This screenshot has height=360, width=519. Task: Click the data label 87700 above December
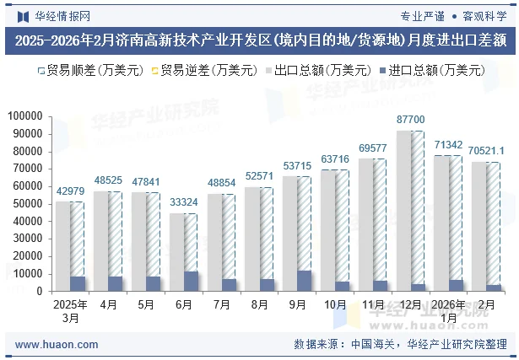[411, 120]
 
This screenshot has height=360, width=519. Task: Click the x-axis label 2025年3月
[71, 310]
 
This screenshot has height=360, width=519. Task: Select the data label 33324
[184, 202]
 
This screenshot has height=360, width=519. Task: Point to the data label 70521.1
[487, 151]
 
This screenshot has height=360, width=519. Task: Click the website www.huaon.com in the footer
[57, 345]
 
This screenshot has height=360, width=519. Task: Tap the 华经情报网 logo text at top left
[63, 16]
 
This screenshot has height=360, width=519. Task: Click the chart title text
[259, 40]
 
